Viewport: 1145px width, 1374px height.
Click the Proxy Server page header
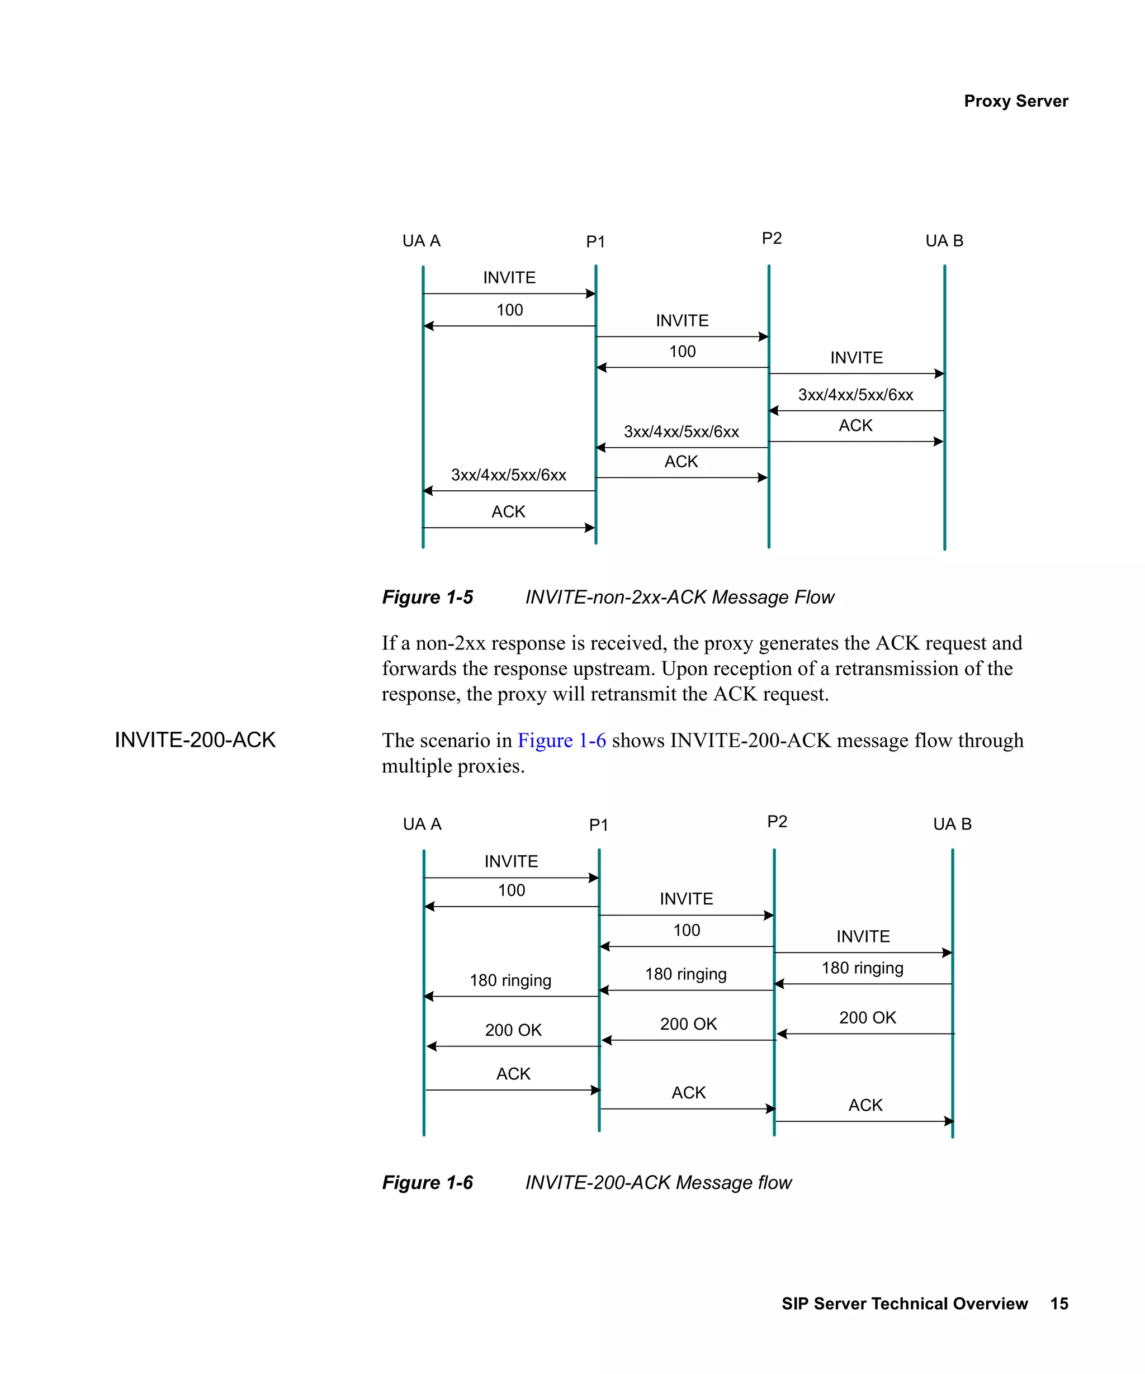point(1015,101)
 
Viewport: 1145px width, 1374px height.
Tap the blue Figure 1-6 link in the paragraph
point(561,740)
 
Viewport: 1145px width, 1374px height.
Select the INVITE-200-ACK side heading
point(195,740)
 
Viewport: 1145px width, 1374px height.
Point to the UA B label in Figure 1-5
point(944,241)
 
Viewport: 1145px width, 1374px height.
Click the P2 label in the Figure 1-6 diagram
point(777,821)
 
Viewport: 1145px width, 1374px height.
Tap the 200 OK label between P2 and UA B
point(867,1017)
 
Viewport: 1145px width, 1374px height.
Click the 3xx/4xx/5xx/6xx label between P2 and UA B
point(855,395)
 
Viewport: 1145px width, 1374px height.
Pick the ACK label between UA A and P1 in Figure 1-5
point(508,511)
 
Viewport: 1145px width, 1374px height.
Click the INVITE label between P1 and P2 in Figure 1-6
point(685,898)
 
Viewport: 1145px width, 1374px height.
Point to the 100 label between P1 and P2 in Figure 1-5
point(682,352)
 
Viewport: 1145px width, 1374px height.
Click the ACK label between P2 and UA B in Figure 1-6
point(865,1105)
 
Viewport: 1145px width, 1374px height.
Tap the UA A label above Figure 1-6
point(422,824)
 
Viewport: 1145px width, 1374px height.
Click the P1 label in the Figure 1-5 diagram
point(595,242)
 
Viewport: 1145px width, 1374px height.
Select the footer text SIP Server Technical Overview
point(904,1304)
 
